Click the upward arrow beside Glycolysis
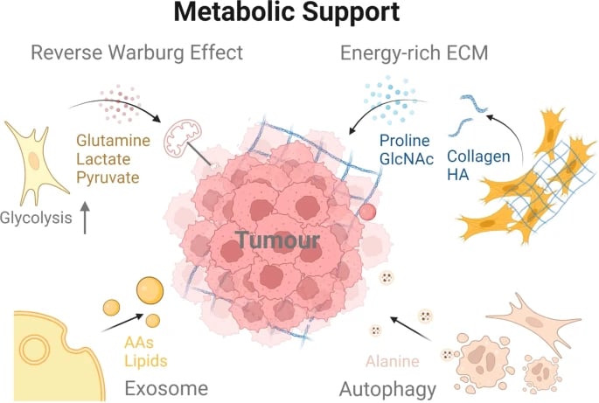(x=85, y=217)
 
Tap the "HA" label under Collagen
(x=458, y=175)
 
